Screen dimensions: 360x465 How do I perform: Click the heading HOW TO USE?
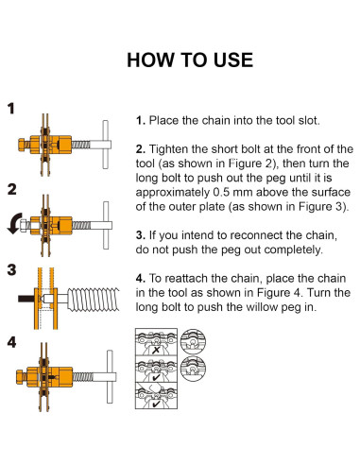click(x=190, y=60)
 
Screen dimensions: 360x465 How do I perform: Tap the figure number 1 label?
click(x=11, y=109)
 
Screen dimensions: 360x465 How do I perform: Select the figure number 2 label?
click(x=11, y=190)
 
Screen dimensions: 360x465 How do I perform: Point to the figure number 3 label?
click(x=11, y=270)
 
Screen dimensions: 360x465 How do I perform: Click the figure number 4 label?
click(x=11, y=342)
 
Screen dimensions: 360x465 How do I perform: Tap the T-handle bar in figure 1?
click(x=106, y=145)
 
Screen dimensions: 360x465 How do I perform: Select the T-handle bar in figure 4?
click(x=110, y=376)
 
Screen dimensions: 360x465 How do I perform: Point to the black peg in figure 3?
click(x=26, y=299)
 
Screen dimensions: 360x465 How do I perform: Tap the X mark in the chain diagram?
click(x=156, y=350)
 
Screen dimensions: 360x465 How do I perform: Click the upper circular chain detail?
click(x=194, y=342)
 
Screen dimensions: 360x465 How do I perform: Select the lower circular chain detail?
click(x=194, y=369)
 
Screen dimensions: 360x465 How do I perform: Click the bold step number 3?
click(x=141, y=235)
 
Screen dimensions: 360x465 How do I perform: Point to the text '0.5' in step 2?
click(x=221, y=192)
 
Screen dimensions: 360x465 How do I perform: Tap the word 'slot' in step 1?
click(x=309, y=120)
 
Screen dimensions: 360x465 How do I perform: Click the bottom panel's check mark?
click(x=156, y=404)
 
